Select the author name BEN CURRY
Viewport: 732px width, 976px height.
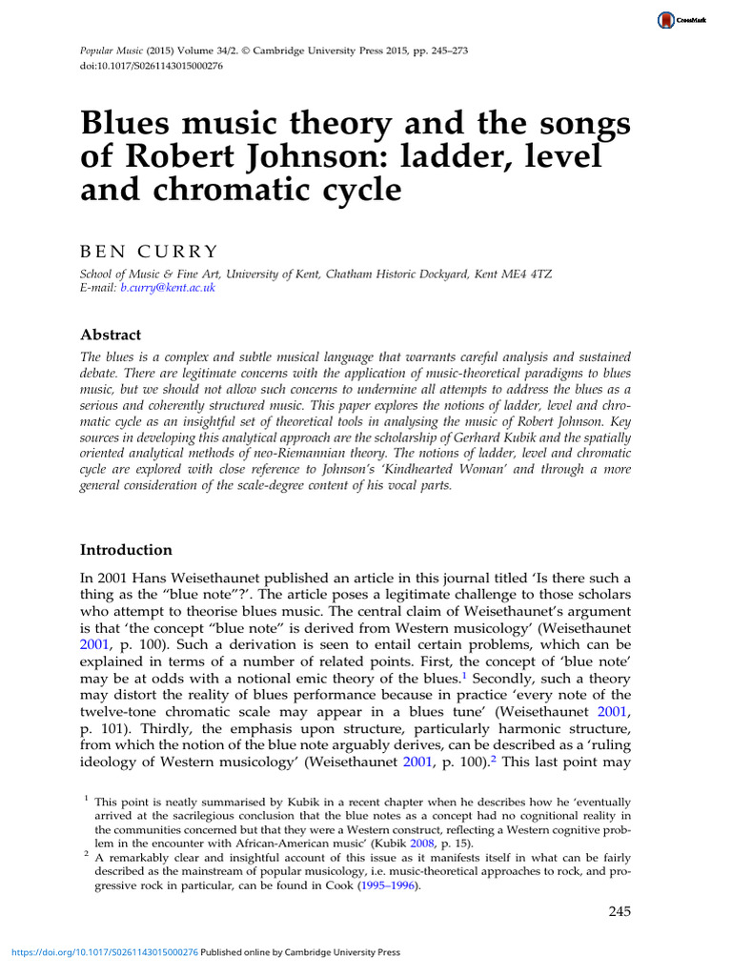coord(149,251)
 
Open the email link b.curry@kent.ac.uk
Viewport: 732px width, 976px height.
coord(168,287)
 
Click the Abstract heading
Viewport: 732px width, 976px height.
coord(111,335)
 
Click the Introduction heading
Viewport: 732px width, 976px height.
coord(126,550)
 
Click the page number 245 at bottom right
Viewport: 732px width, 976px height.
coord(620,912)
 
